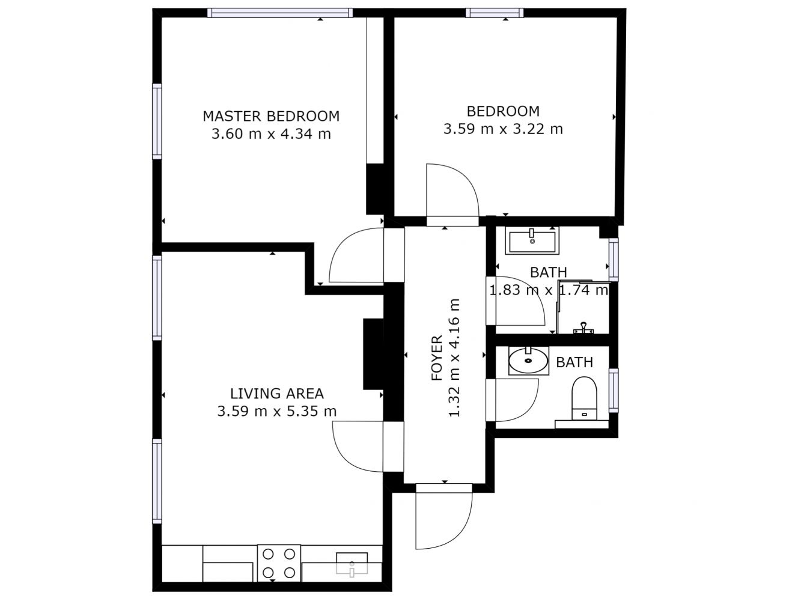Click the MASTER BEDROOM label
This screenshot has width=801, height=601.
point(271,117)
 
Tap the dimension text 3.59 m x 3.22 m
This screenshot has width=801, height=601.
point(503,129)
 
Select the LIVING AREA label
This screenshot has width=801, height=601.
point(277,394)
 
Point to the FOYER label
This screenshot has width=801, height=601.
point(437,358)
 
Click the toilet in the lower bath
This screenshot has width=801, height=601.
point(584,398)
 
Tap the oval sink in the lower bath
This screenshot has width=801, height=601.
point(528,360)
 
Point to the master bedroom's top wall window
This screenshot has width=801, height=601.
point(280,13)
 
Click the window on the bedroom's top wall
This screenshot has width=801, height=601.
point(495,13)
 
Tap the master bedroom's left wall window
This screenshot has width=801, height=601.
point(157,121)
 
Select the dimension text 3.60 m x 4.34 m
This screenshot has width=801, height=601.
point(271,134)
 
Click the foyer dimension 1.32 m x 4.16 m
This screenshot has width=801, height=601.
point(455,358)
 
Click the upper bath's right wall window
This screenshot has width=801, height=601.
point(614,260)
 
